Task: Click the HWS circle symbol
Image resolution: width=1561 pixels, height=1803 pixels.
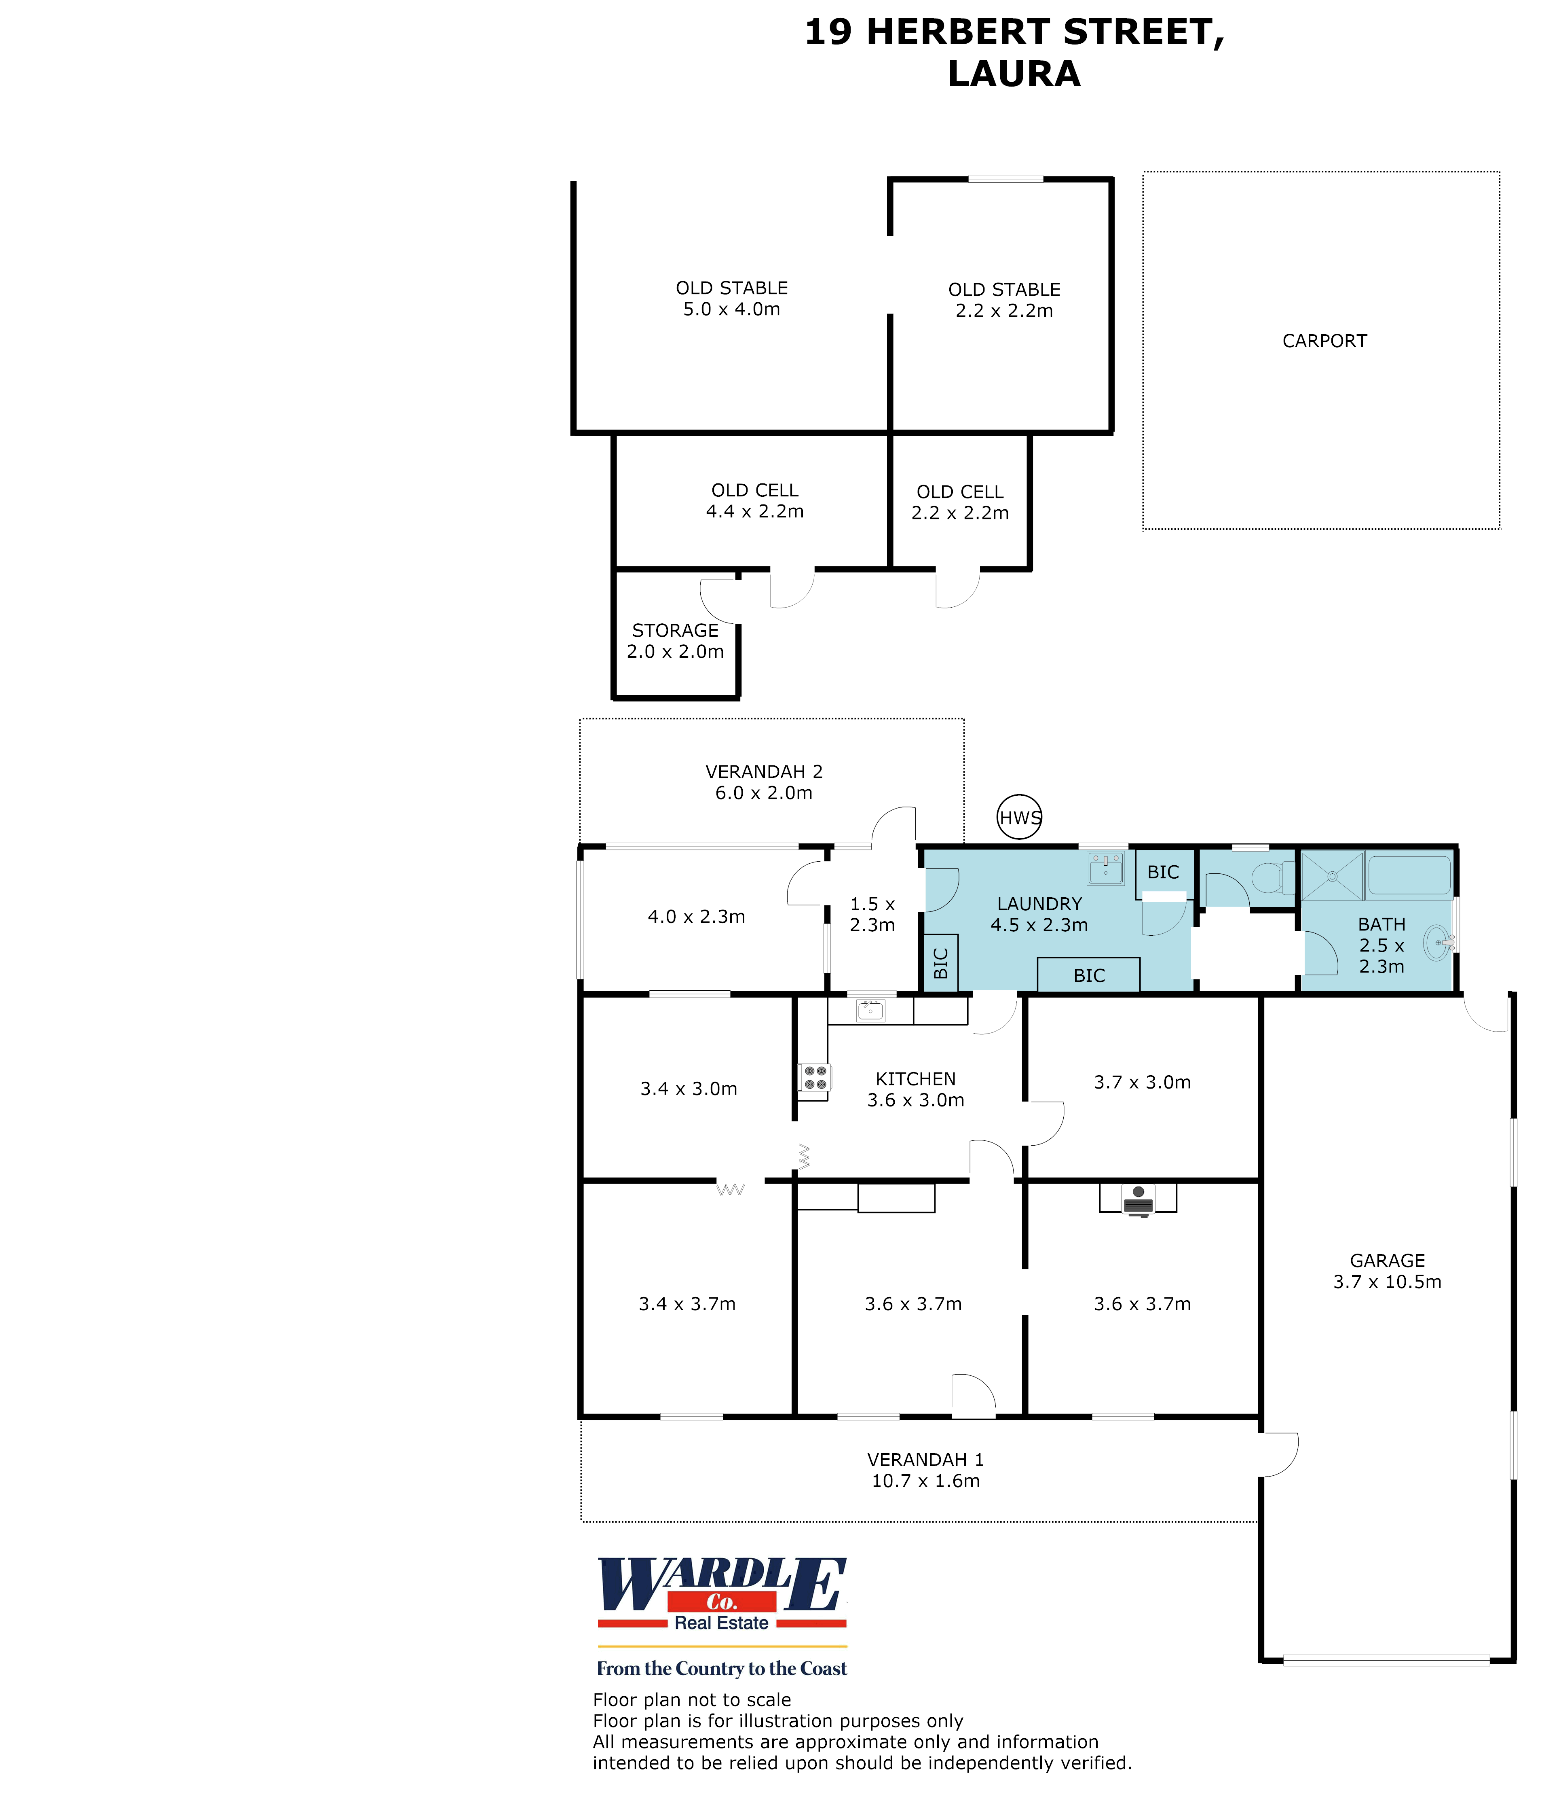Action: coord(1019,818)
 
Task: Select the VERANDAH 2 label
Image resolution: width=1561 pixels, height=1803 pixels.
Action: coord(764,772)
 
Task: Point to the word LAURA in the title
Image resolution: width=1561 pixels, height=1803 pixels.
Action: coord(1014,74)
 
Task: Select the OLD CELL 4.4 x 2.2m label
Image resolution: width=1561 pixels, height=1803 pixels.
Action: coord(754,501)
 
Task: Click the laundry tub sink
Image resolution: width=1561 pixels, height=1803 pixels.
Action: coord(1105,868)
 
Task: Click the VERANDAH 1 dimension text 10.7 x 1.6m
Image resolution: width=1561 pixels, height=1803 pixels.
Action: coord(925,1481)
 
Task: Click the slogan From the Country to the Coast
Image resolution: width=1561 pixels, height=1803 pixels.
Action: coord(721,1668)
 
